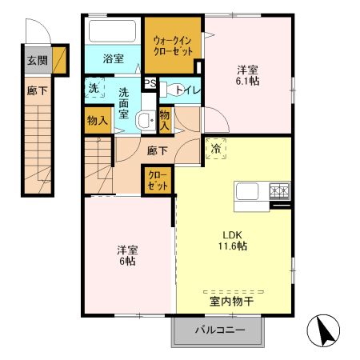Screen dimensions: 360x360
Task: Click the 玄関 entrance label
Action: coord(37,60)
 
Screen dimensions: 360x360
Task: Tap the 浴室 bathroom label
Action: coord(113,58)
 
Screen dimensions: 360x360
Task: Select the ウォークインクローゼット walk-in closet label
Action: coord(173,46)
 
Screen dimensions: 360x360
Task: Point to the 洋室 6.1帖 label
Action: coord(246,74)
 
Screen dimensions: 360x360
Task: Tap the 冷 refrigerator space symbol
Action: coord(215,149)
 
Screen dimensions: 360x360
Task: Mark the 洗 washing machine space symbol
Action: coord(94,89)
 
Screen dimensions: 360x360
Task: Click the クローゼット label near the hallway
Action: coord(156,180)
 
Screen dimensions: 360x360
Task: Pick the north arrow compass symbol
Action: coord(322,330)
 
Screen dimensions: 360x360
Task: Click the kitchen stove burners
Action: coord(278,192)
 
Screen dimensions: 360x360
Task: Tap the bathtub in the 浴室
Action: coord(113,32)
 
